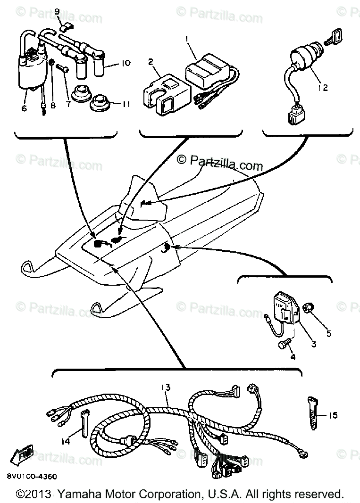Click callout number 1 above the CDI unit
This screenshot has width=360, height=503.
(187, 38)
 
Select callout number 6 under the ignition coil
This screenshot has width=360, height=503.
(24, 108)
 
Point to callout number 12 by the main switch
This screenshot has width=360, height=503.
(322, 87)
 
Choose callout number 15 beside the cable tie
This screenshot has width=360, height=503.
(333, 415)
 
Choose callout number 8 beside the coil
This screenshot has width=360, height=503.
(53, 106)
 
